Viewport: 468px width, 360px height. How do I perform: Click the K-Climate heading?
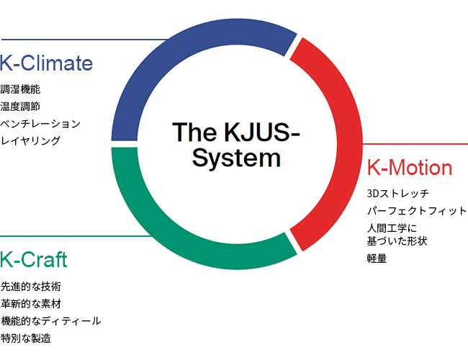click(46, 63)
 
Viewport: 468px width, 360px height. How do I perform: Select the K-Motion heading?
click(410, 167)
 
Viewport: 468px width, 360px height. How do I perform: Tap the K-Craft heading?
click(33, 259)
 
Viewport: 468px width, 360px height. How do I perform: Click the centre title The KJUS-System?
click(236, 145)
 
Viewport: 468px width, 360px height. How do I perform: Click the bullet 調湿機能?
click(20, 89)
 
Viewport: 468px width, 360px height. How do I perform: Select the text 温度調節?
click(20, 107)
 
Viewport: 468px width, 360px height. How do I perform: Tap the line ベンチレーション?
click(40, 124)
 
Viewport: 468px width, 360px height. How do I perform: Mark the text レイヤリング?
click(30, 140)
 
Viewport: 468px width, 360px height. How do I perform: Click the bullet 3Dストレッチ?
click(398, 194)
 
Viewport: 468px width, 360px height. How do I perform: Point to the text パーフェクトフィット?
click(417, 211)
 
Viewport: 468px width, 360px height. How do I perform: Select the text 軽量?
click(377, 258)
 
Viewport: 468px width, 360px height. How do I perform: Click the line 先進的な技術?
click(31, 287)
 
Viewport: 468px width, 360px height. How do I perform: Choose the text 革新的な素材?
click(31, 304)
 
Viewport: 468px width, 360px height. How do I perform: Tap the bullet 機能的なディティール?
click(50, 321)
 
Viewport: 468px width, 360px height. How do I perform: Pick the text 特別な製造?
click(26, 338)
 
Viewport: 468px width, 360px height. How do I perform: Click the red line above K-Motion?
click(415, 144)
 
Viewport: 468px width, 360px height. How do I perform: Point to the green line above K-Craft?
click(76, 236)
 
